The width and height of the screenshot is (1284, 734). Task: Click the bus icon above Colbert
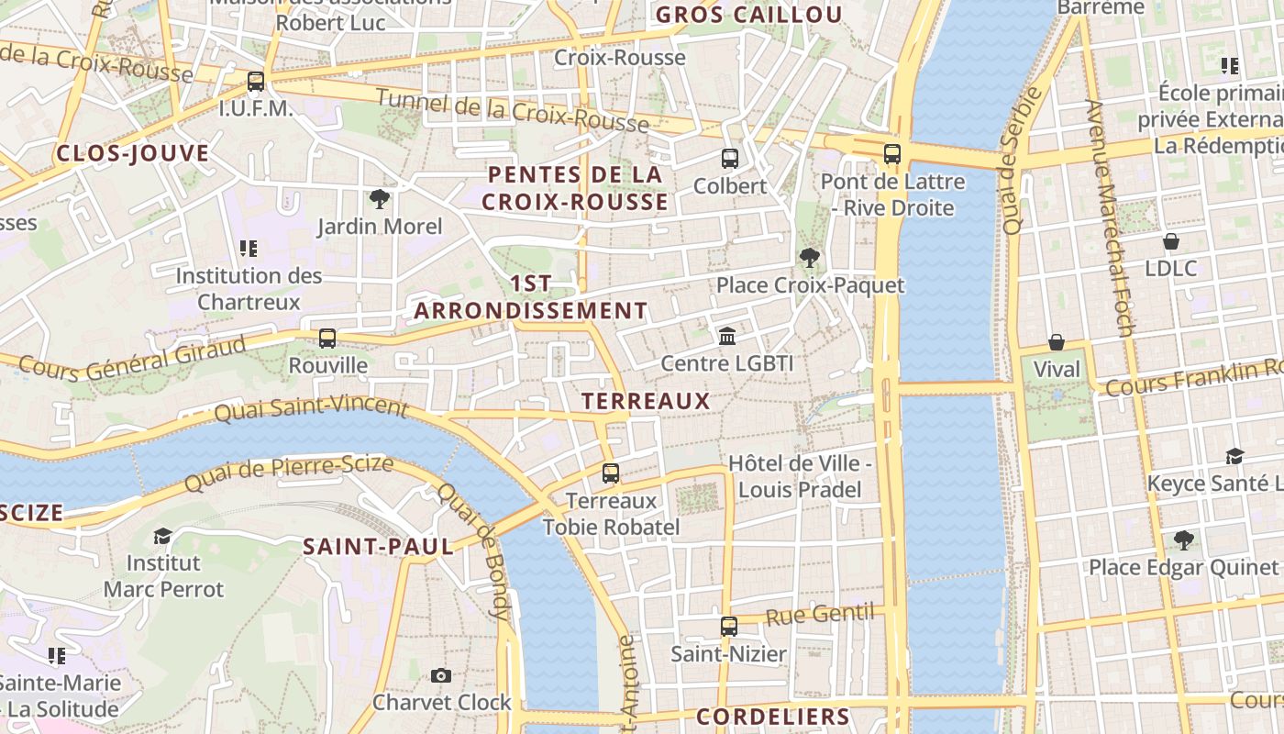pos(729,158)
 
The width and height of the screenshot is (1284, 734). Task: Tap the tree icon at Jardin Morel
pos(379,198)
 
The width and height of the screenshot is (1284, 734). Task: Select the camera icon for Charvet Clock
pos(441,675)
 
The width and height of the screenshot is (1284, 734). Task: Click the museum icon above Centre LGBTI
pos(727,336)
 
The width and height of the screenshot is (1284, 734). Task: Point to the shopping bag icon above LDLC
pos(1170,241)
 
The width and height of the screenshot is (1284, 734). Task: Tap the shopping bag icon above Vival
pos(1057,342)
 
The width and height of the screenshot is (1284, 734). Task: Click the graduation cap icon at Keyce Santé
pos(1234,456)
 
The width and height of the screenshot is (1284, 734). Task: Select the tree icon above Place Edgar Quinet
pos(1183,539)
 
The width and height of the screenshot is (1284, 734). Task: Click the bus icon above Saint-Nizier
pos(728,627)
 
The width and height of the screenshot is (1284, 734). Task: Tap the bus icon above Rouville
pos(327,338)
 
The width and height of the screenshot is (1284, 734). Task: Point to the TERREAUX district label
pos(646,401)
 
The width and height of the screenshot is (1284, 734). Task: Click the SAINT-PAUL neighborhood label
pos(378,547)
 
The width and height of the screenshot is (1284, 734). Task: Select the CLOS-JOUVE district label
pos(133,153)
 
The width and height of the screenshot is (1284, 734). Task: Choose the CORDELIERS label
pos(772,717)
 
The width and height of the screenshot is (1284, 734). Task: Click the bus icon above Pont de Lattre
pos(891,153)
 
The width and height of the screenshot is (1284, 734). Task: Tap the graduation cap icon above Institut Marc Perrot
pos(162,536)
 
